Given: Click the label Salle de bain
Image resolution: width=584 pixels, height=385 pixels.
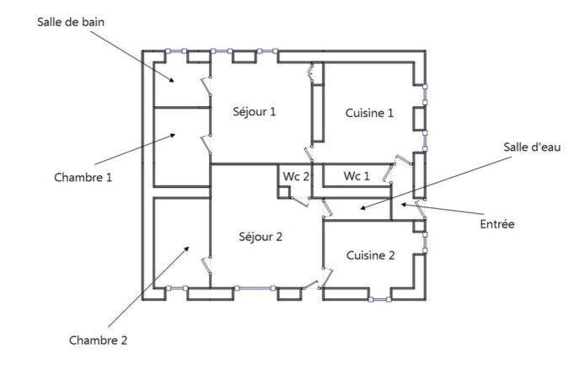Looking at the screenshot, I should (x=71, y=20).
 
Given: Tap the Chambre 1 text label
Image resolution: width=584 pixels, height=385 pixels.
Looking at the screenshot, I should (x=83, y=177).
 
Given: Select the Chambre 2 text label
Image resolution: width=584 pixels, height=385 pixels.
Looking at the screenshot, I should (x=98, y=340).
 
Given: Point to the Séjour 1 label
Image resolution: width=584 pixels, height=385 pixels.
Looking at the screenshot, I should (x=254, y=111).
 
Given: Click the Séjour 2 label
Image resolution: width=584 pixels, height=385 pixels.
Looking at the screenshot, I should (x=260, y=237).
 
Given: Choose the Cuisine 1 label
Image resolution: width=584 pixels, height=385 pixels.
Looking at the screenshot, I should (x=368, y=113).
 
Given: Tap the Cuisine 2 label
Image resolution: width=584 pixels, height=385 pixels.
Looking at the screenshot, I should (x=370, y=255).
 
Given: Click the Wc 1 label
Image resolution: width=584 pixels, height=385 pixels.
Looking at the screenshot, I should (x=356, y=176).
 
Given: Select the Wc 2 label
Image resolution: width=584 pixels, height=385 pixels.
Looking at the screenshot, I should (x=296, y=176).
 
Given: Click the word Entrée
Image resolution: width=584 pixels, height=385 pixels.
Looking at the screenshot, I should (x=496, y=224).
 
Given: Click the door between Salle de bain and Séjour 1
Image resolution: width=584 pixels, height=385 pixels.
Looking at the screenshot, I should (x=205, y=86).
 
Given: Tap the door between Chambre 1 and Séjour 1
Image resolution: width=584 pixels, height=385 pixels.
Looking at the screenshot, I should (x=205, y=142).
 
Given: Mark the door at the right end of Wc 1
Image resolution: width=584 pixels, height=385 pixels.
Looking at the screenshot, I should (x=388, y=173).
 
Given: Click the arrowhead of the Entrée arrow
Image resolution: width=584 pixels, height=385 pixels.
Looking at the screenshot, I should (x=404, y=203).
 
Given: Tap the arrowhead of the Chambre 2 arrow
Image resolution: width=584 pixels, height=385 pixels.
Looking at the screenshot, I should (x=189, y=248).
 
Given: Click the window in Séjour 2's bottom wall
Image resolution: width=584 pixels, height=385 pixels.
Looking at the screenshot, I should (x=255, y=288).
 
